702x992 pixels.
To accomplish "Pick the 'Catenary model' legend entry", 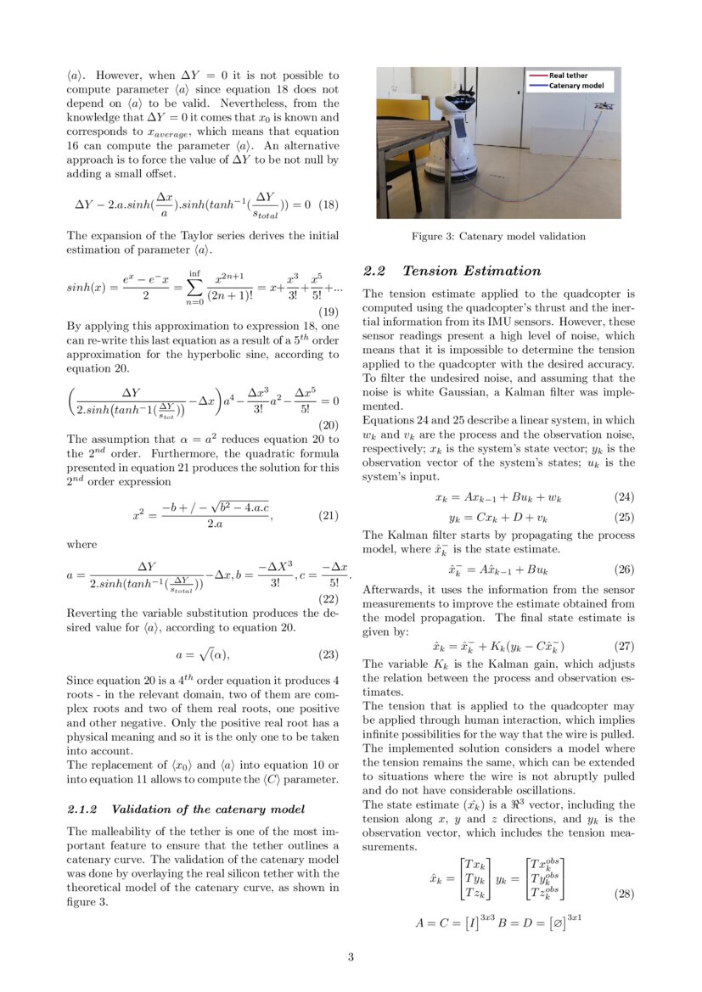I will pos(576,86).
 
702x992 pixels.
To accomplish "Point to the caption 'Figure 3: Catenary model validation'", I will pos(498,236).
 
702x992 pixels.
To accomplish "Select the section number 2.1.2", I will pos(82,809).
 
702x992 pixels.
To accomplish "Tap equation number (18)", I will pos(328,205).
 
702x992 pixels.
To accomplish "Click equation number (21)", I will pos(328,515).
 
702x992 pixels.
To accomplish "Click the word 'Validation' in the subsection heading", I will pos(142,809).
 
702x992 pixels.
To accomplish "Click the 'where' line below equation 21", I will pos(81,544).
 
